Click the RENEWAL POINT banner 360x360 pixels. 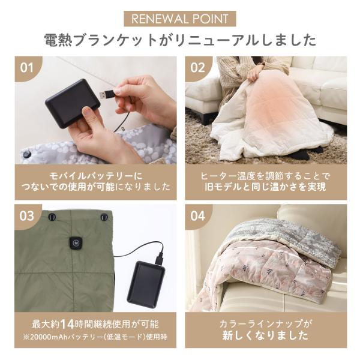[x=179, y=19]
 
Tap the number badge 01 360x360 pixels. [x=27, y=67]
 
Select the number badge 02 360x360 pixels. [x=197, y=67]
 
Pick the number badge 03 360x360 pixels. [x=27, y=215]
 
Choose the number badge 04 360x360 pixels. [x=197, y=215]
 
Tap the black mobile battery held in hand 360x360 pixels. [x=71, y=103]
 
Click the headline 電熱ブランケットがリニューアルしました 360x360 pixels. [x=179, y=40]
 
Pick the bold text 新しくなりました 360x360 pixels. [x=265, y=335]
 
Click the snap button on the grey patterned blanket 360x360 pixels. [x=26, y=154]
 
